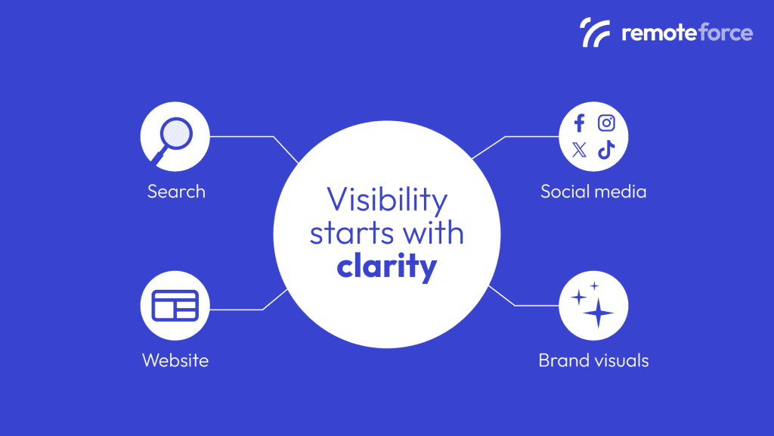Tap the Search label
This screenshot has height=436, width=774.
click(x=176, y=191)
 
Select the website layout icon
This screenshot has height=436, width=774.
click(x=175, y=305)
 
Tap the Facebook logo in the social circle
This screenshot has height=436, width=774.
click(x=580, y=123)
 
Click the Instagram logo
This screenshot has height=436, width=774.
click(x=606, y=123)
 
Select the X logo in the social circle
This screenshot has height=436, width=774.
click(x=580, y=150)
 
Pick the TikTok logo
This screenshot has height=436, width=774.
click(x=606, y=150)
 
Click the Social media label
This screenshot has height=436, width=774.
click(x=593, y=191)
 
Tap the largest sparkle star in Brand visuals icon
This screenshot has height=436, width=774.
click(x=599, y=312)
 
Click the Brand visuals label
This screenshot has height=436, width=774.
click(x=593, y=360)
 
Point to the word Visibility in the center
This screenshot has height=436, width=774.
click(x=387, y=201)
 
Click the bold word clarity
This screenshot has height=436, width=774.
click(x=387, y=266)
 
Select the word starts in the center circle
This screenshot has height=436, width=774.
click(x=348, y=233)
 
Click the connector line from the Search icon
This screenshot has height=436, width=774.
click(x=242, y=137)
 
